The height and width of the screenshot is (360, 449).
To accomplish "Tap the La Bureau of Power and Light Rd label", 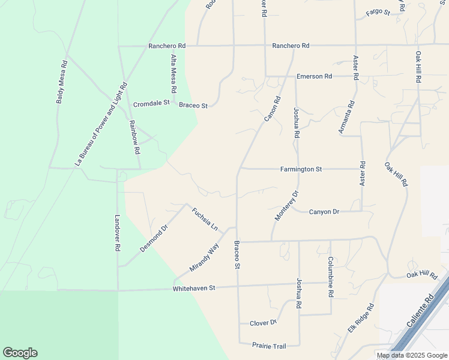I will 101,124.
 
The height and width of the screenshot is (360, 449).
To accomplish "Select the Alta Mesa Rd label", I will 173,73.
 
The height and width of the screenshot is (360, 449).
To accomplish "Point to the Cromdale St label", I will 151,103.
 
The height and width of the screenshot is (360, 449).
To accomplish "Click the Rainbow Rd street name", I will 134,137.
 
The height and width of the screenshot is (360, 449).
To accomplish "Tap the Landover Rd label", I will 118,233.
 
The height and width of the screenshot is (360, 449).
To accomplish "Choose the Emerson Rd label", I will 314,77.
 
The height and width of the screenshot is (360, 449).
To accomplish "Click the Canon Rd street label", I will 273,109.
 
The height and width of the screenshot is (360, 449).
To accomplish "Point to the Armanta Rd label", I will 346,116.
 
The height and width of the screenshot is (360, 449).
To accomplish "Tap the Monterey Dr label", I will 286,206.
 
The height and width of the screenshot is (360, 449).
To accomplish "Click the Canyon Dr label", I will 324,212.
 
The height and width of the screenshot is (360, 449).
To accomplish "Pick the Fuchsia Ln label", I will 205,219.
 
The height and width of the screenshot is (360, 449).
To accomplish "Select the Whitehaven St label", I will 193,288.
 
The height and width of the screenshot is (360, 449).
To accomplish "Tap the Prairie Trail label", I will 270,346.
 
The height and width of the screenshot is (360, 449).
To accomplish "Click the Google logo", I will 20,353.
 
